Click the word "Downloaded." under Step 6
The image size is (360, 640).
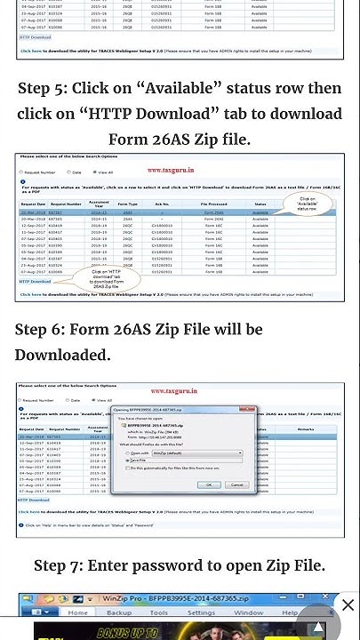[x=62, y=355]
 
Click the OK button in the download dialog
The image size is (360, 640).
[x=209, y=484]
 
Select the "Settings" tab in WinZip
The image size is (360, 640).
[x=201, y=612]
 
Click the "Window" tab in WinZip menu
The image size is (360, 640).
[x=248, y=612]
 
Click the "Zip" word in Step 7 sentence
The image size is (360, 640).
[x=276, y=566]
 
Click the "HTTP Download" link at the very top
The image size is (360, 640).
[x=35, y=37]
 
